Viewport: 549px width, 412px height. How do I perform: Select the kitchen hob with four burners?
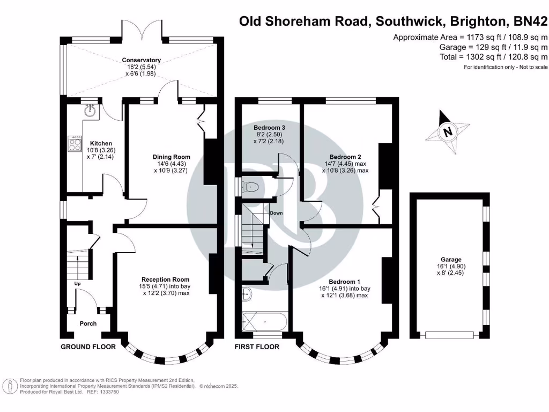73,143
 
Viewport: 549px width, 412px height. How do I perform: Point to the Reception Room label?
165,279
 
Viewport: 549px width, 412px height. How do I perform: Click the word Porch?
88,323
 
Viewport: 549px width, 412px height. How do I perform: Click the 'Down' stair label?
276,213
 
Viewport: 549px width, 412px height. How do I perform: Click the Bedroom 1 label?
344,282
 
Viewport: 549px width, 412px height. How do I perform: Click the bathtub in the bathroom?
265,322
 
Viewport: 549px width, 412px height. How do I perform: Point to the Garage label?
448,259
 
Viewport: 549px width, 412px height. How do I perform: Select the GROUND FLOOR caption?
88,347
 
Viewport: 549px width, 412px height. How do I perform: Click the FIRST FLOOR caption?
257,347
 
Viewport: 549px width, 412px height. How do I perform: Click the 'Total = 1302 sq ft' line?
494,56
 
